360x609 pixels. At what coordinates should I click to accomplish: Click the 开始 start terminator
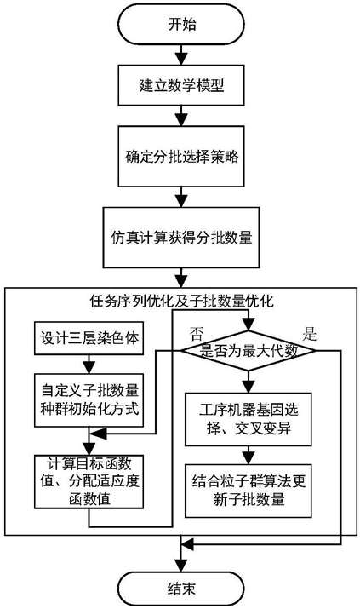point(181,25)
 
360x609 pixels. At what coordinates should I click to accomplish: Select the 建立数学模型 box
point(181,85)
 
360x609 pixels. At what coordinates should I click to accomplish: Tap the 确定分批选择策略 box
point(181,157)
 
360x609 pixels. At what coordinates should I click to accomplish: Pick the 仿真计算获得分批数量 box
point(181,237)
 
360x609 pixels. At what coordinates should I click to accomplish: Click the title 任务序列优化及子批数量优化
point(181,301)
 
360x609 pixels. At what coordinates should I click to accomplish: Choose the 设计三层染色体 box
point(89,338)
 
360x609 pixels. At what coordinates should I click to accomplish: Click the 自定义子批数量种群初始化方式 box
point(89,400)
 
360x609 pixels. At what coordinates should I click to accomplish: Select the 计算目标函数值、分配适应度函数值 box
point(89,481)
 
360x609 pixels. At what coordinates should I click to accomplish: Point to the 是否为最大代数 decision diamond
point(249,351)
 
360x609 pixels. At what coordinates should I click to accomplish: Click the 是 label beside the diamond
point(309,334)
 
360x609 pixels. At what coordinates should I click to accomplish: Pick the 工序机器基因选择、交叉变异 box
point(249,419)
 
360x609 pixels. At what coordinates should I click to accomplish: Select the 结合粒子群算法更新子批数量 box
point(249,491)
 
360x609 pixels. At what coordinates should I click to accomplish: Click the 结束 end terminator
point(181,589)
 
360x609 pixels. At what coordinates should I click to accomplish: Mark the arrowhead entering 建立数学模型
point(181,60)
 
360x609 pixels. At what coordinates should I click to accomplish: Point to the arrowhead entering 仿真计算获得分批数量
point(181,201)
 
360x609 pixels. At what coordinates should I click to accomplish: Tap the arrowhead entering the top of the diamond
point(249,325)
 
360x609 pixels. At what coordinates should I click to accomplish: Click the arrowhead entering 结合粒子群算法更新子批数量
point(249,459)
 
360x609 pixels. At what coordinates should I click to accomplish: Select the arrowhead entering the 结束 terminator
point(181,565)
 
